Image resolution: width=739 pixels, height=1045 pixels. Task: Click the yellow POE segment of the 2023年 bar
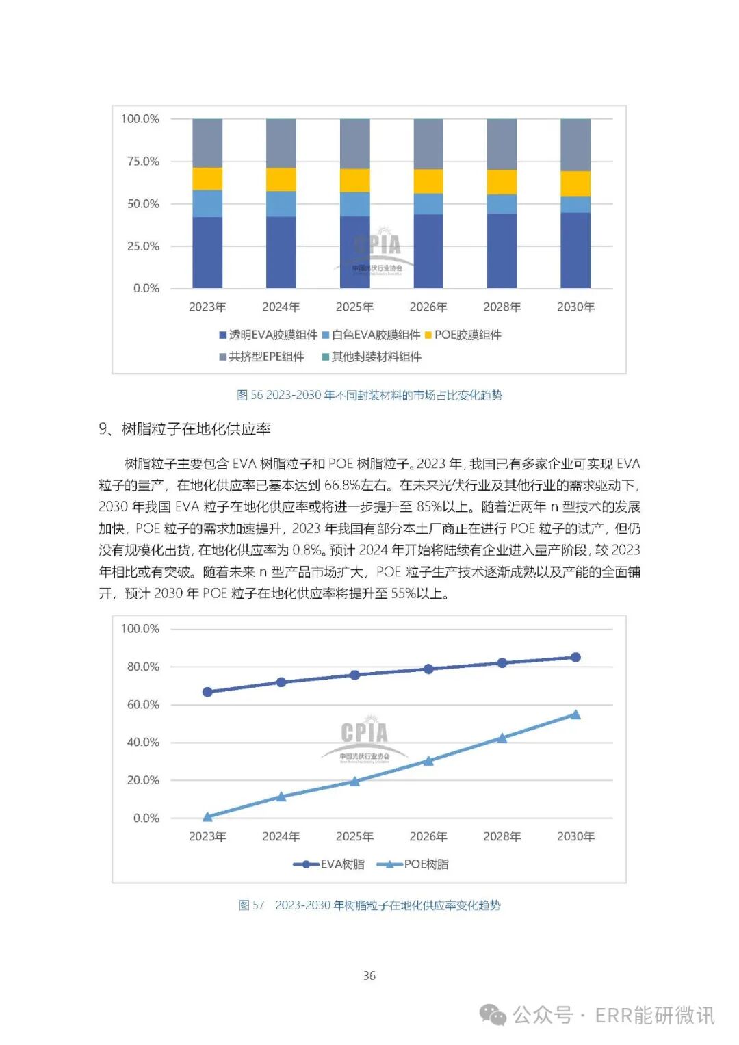tap(207, 179)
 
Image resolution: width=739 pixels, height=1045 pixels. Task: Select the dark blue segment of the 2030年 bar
tap(575, 250)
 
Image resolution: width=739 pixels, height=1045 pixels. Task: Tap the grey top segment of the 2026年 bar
tap(428, 144)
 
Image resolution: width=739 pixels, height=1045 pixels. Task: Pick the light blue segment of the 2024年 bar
tap(281, 204)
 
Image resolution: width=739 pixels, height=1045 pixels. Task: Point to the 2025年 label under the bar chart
tap(354, 307)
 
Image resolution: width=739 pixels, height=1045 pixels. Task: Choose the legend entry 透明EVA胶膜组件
tap(268, 335)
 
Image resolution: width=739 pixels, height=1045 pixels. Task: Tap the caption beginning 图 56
tap(369, 395)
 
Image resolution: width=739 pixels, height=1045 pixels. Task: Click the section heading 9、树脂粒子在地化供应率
tap(185, 429)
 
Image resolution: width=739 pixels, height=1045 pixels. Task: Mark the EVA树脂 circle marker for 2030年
tap(575, 657)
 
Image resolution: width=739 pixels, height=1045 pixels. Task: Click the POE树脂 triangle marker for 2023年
tap(207, 816)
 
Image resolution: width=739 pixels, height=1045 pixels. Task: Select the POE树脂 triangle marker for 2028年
tap(502, 738)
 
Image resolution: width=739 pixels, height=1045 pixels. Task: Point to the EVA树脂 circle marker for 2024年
tap(281, 682)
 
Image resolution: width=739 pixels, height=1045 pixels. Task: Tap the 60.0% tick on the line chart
tap(143, 704)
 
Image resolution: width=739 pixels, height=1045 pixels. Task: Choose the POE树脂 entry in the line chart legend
tap(417, 864)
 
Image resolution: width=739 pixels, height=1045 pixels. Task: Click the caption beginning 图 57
tap(369, 905)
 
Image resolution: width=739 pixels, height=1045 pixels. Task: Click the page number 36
tap(369, 975)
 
